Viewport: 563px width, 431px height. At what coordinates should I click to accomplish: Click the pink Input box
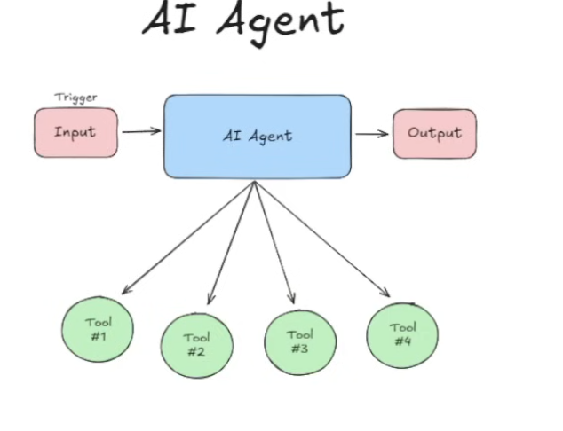coord(75,133)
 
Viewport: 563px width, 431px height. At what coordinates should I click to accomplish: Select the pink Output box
coord(434,134)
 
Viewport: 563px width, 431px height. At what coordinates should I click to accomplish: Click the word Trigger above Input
coord(75,98)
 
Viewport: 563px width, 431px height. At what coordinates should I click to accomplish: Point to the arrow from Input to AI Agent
coord(141,132)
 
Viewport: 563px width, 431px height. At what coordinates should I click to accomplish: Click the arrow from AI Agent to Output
coord(372,134)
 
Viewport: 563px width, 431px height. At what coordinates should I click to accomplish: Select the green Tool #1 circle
coord(98,329)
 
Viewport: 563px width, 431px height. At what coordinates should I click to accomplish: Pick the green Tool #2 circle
coord(196,344)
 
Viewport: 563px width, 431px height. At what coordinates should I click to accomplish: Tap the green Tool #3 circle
coord(300,341)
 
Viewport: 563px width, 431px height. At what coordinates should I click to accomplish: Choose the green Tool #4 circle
coord(402,334)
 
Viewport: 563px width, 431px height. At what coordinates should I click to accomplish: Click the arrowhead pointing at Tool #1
coord(125,290)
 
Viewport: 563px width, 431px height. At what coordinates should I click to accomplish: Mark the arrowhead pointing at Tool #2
coord(210,300)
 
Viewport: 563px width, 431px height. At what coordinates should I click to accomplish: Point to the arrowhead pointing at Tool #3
coord(290,299)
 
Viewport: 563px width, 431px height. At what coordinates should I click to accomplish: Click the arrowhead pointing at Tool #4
coord(386,293)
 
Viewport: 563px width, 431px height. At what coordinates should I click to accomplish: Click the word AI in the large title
coord(171,20)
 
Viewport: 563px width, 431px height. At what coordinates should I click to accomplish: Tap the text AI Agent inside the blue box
coord(257,136)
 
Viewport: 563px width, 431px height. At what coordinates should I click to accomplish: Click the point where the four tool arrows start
coord(255,182)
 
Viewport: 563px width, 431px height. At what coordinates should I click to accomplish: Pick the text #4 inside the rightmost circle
coord(402,341)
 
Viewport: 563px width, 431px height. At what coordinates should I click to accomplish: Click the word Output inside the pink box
coord(434,133)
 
